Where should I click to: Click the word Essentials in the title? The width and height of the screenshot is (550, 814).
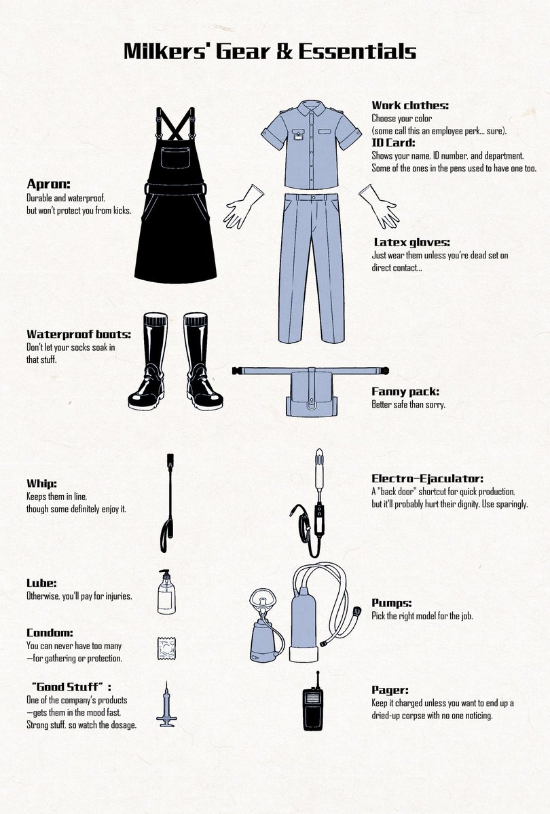pos(357,52)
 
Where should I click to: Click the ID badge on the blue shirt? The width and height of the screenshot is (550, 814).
pos(299,134)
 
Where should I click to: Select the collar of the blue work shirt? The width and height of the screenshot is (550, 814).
pos(311,109)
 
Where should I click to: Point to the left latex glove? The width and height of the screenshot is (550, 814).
pos(242,207)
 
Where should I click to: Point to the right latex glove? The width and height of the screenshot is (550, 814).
pos(380,207)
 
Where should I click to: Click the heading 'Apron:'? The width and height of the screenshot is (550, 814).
pos(48,185)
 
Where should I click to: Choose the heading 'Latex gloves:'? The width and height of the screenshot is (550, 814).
pos(411,242)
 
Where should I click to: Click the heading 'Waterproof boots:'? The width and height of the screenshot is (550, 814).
pos(79,334)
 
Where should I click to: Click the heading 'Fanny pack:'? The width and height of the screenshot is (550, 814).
pos(405,392)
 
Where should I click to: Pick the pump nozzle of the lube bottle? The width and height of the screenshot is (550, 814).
pos(165,575)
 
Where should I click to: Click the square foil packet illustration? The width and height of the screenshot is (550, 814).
pos(166,649)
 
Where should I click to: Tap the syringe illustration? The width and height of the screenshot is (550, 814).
pos(166,705)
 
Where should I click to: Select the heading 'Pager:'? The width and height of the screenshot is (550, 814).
pos(390,690)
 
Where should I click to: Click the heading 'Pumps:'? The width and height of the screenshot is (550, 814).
pos(391,603)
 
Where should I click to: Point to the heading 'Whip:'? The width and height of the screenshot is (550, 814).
pos(41,484)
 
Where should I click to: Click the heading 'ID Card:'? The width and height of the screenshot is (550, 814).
pos(393,143)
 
